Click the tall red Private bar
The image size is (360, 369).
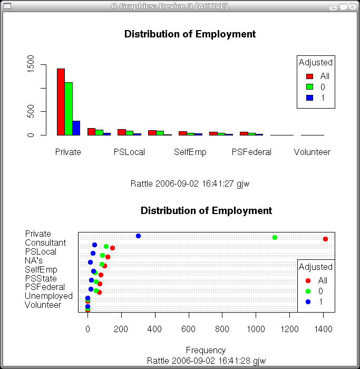(x=61, y=102)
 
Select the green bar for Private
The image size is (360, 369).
(x=69, y=109)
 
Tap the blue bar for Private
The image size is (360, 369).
(x=76, y=128)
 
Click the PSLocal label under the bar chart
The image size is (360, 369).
(x=129, y=152)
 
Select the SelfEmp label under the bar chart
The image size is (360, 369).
(x=190, y=152)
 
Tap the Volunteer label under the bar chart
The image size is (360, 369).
(x=312, y=152)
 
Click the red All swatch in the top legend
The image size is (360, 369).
(x=310, y=76)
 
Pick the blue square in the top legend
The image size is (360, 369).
(x=310, y=98)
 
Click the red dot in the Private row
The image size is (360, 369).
(x=325, y=239)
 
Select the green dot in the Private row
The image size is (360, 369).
(x=275, y=238)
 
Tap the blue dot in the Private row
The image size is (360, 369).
(x=138, y=236)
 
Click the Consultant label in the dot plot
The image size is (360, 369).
(x=45, y=243)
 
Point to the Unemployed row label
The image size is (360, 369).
(x=48, y=296)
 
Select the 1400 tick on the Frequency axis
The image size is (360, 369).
(x=323, y=329)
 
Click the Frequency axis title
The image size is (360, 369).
(x=206, y=350)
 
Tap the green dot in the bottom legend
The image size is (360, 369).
(x=308, y=291)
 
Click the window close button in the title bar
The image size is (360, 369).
(x=352, y=6)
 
